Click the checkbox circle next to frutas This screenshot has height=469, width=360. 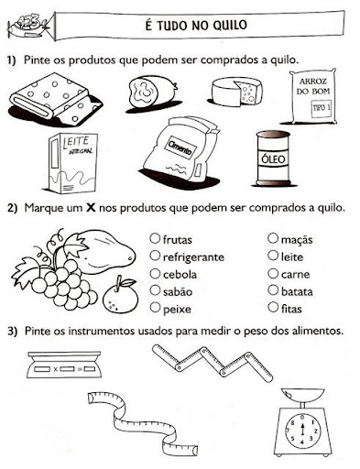click(x=155, y=238)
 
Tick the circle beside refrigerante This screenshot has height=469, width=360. click(x=155, y=256)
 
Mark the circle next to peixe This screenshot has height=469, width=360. click(x=155, y=307)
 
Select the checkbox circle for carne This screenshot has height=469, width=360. click(x=273, y=273)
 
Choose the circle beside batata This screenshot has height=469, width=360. click(x=273, y=290)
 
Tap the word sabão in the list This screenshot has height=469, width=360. click(x=178, y=292)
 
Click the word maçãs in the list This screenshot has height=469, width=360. click(x=297, y=240)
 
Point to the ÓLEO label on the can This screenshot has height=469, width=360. click(x=273, y=159)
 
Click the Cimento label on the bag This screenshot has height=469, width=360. click(x=180, y=147)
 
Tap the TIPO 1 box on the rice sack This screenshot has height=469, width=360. click(x=321, y=108)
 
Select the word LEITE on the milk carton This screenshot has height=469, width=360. click(x=76, y=142)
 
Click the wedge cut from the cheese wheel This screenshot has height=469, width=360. click(x=248, y=93)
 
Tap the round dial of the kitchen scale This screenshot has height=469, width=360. click(x=302, y=430)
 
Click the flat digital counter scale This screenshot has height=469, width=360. click(x=64, y=365)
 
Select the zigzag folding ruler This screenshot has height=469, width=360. click(x=213, y=363)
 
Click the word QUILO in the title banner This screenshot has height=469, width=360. click(x=229, y=25)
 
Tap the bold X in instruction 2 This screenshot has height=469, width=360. click(x=91, y=208)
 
